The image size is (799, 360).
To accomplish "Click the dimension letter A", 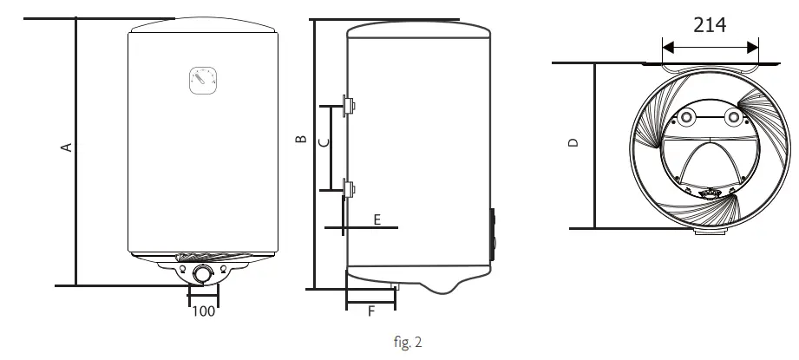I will click(64, 147).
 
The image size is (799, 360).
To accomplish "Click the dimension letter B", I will click(300, 139).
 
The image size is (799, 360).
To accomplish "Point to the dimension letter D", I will click(573, 143).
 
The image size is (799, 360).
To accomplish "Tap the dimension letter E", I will click(377, 219).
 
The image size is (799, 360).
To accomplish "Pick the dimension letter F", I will click(370, 311).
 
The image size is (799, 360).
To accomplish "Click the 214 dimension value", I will click(710, 25).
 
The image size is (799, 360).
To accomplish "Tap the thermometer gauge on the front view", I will click(202, 81).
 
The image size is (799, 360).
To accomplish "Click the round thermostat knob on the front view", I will click(203, 274).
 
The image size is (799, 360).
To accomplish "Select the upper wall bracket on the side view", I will click(350, 105).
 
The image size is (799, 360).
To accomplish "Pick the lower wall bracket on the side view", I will click(350, 187).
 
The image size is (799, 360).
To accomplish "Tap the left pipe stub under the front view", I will click(181, 269).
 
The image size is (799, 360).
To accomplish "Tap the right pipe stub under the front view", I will click(225, 269).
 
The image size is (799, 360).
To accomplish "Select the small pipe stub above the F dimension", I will click(395, 285).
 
